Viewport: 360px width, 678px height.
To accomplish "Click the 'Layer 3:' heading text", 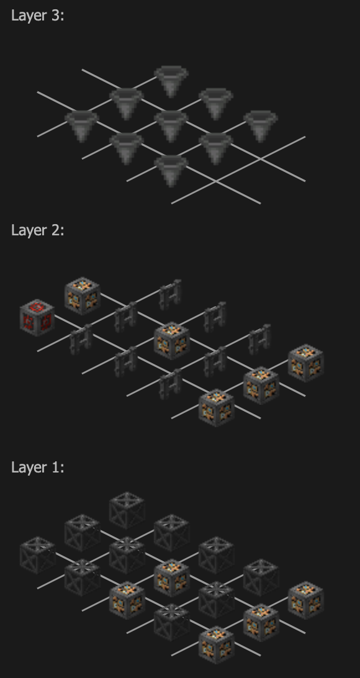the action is click(x=38, y=16).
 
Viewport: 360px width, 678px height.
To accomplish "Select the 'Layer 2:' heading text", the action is click(x=38, y=230).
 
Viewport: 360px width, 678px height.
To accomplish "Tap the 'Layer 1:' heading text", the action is click(x=38, y=467).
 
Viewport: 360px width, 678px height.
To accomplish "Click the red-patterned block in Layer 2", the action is click(x=37, y=318).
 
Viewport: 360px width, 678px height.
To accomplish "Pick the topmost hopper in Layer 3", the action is click(x=171, y=81).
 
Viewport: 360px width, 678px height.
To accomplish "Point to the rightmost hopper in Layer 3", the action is click(x=261, y=126).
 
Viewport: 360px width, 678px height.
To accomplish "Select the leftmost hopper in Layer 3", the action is click(x=82, y=126).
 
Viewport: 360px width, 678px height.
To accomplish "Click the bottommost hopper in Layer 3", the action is click(x=171, y=171).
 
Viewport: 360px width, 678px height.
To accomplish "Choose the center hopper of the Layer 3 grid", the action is click(x=171, y=126).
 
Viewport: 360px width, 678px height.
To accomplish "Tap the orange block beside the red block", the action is click(x=82, y=296).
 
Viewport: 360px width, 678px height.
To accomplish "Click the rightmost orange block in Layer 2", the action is click(x=305, y=363).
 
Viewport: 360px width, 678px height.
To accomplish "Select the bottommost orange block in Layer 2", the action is click(x=216, y=408).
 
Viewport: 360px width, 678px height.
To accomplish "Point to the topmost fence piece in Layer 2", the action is click(x=170, y=295).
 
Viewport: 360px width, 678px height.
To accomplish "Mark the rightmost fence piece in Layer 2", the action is click(x=259, y=340).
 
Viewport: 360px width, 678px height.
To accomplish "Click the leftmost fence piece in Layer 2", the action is click(x=81, y=340).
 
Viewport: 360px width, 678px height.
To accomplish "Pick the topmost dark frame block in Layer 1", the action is click(x=127, y=510).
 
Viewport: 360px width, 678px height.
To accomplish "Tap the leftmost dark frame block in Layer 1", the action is click(x=37, y=555).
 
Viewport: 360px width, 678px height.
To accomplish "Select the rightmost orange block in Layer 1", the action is click(x=305, y=600).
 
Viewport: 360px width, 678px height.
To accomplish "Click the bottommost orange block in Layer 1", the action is click(x=216, y=644).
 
